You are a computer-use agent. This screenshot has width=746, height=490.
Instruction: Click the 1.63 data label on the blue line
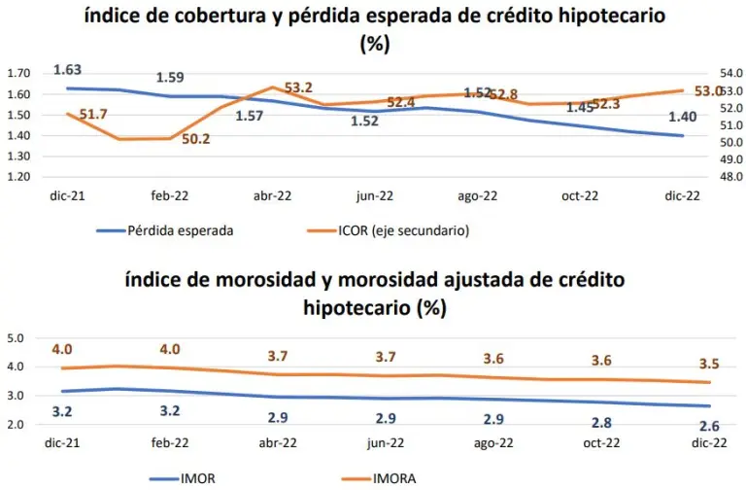(x=67, y=69)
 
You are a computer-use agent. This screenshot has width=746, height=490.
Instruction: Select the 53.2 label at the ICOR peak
(x=296, y=88)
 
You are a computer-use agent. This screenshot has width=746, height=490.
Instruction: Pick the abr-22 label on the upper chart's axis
(x=273, y=195)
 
